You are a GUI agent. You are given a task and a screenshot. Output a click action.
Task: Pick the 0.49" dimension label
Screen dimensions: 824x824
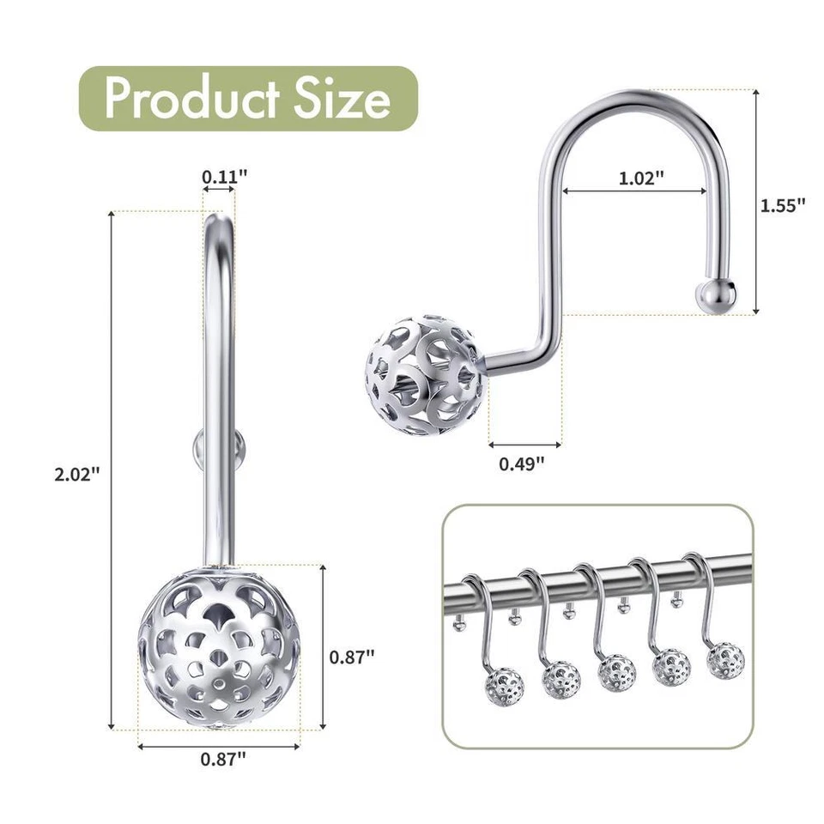[522, 464]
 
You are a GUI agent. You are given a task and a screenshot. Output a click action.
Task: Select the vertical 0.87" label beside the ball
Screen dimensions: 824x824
[352, 657]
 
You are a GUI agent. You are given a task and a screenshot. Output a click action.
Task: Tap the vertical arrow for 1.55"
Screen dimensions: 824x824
[756, 202]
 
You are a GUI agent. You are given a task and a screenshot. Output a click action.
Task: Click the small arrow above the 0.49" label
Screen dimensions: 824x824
[524, 444]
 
